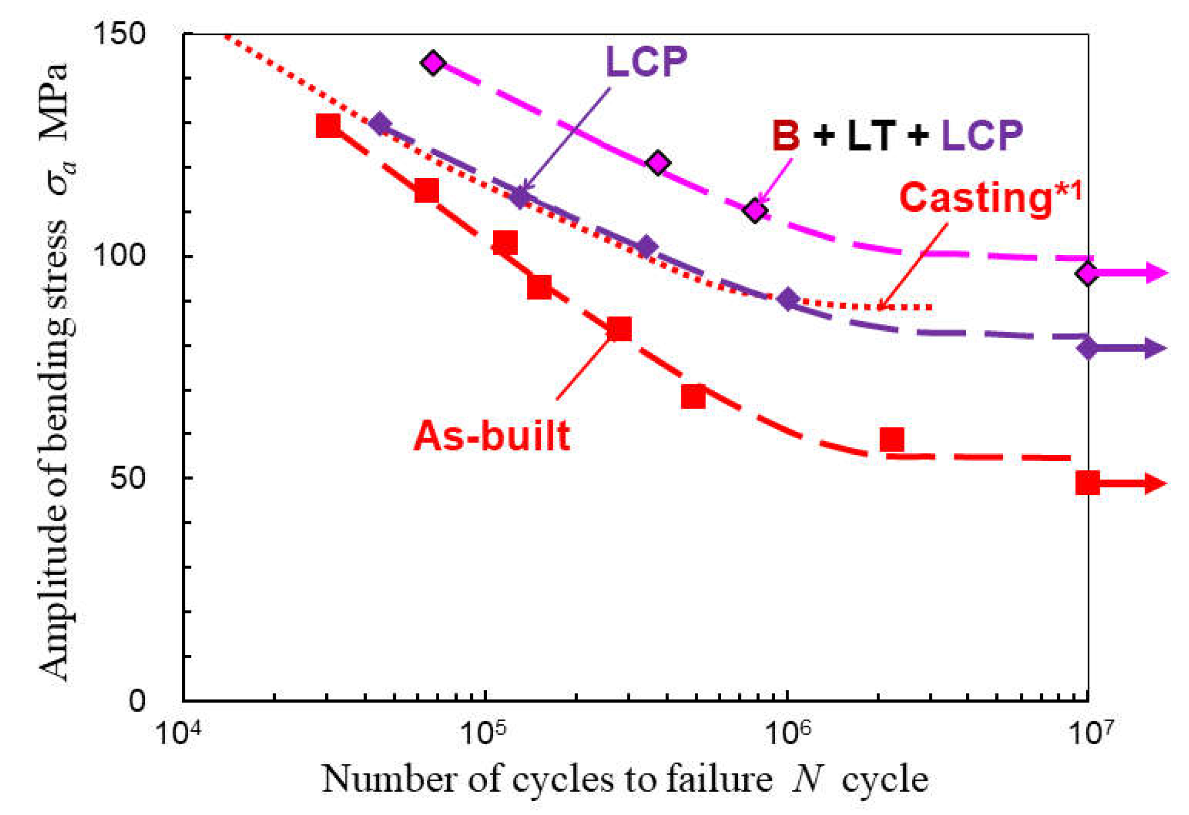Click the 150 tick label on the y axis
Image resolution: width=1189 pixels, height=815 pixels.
coord(119,33)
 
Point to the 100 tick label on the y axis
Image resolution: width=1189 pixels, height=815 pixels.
coord(119,255)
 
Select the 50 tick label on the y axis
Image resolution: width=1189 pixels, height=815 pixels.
coord(127,478)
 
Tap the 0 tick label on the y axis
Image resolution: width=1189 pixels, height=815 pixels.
coord(137,700)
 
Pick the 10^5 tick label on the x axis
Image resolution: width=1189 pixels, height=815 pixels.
coord(482,731)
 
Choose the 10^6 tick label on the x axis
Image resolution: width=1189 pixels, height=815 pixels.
coord(788,731)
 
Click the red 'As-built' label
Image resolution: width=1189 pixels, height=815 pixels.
coord(492,436)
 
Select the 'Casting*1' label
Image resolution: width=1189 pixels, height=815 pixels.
coord(990,197)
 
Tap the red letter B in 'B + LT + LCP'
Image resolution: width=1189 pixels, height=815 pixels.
coord(786,135)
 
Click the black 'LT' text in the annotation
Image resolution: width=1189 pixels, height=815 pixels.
coord(871,135)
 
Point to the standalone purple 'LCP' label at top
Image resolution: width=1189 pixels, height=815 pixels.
coord(646,61)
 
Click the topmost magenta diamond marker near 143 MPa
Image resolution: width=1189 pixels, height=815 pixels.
coord(433,62)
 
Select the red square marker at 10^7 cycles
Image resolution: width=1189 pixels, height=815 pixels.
coord(1087,483)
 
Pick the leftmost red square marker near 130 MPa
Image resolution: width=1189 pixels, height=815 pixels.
coord(329,126)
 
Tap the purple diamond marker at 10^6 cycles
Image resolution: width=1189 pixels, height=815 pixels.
coord(789,299)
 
